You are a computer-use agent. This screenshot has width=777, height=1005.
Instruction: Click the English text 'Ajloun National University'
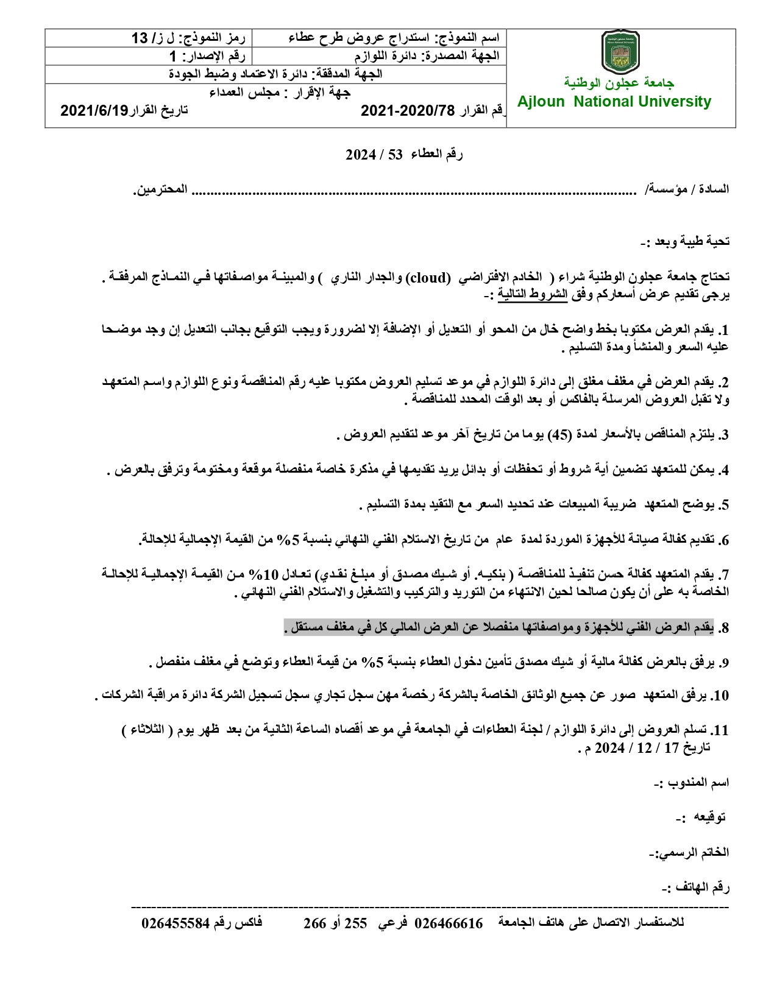click(614, 102)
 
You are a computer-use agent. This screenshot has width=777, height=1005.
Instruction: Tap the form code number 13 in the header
click(140, 38)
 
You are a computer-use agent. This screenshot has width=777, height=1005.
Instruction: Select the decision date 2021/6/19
click(94, 110)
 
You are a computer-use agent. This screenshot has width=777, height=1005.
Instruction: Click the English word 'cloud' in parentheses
click(428, 278)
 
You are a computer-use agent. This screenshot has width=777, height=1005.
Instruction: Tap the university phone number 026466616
click(449, 923)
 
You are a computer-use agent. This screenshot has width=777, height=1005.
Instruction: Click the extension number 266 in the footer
click(315, 923)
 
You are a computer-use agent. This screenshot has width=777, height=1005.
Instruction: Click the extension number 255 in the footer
click(356, 923)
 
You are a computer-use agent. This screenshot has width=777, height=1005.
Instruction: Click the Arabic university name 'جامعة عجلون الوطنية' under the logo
click(619, 82)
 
